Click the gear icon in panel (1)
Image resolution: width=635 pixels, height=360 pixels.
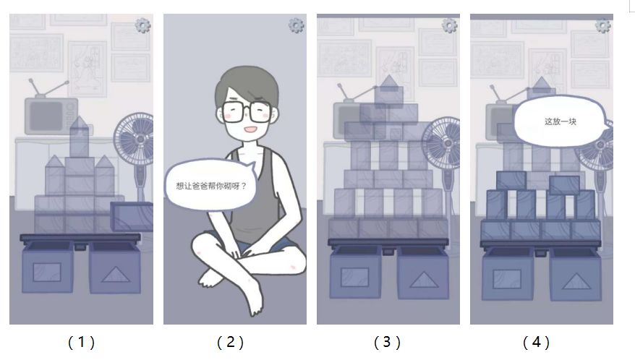point(142,25)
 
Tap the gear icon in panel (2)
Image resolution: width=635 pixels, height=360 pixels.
point(296,25)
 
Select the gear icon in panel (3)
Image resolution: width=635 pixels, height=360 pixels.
point(449,25)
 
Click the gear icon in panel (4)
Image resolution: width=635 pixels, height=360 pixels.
point(602,25)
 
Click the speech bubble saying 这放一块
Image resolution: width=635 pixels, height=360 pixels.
point(562,121)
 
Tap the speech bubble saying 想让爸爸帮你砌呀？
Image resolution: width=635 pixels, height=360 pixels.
point(211,186)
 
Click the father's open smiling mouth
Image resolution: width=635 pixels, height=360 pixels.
point(250,129)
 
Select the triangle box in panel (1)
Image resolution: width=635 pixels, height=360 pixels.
point(116,267)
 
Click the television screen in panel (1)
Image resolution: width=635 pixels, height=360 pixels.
point(46,116)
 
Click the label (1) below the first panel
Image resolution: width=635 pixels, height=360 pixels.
point(81,343)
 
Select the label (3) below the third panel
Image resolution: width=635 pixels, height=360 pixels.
point(387,343)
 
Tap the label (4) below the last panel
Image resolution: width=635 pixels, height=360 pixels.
point(536,343)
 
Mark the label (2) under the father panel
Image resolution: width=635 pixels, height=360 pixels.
point(231,343)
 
